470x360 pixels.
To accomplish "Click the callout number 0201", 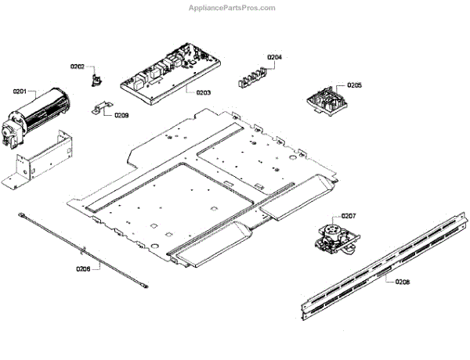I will [20, 92].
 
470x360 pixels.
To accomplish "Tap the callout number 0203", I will [204, 92].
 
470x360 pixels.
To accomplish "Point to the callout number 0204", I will [274, 57].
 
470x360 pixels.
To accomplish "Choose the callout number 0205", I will [354, 85].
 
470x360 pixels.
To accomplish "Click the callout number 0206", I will [83, 268].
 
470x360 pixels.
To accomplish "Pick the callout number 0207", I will [349, 215].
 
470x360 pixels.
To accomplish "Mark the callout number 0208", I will [402, 281].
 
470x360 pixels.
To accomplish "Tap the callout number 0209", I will [121, 115].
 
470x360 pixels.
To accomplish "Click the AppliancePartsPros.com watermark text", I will [234, 8].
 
